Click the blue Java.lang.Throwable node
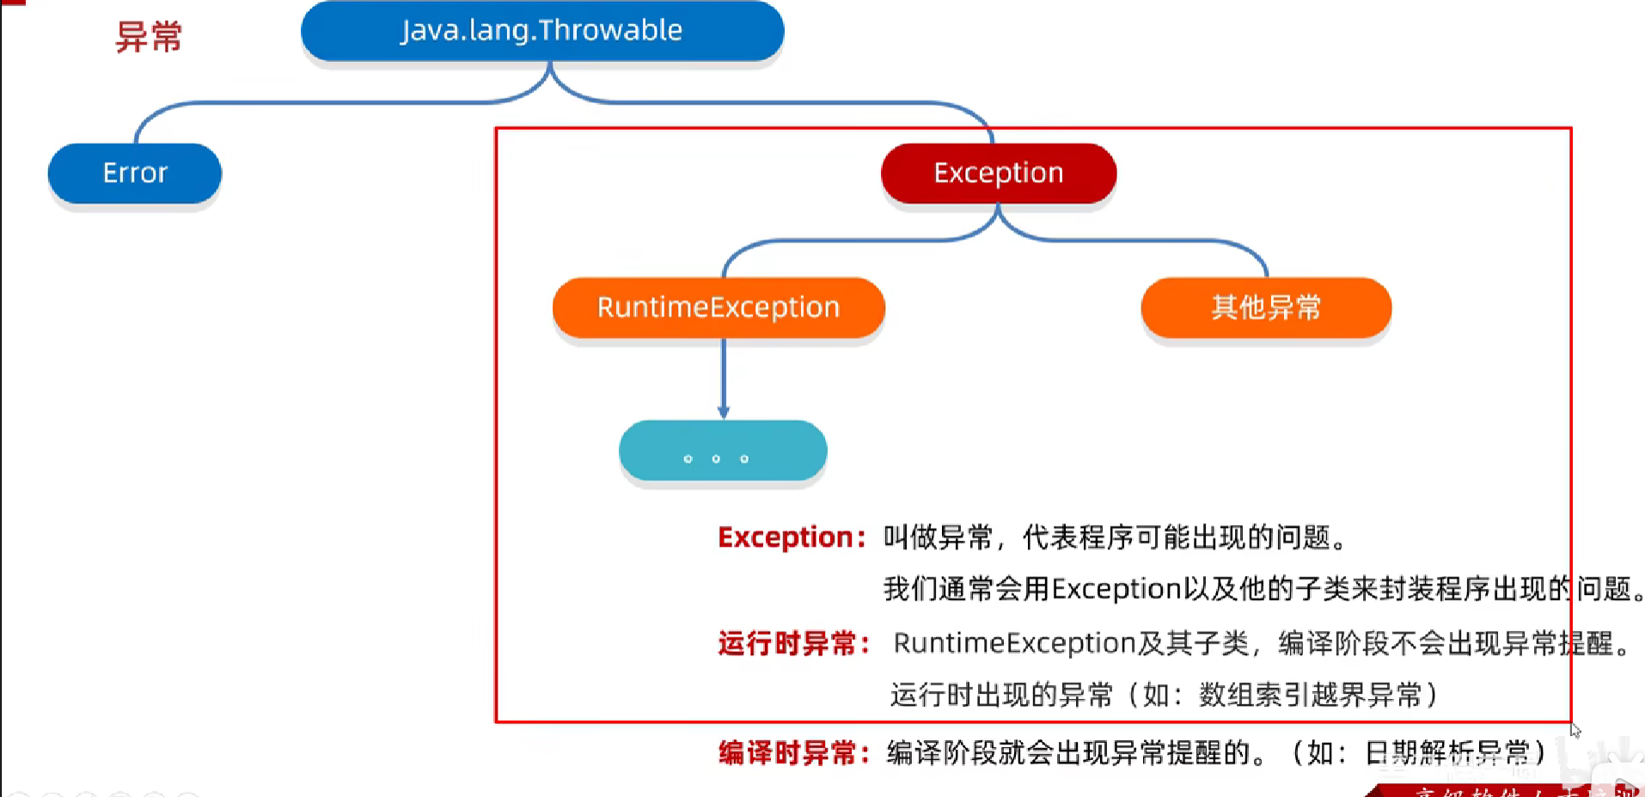[541, 31]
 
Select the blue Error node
[135, 173]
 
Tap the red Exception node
[999, 173]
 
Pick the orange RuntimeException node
[719, 307]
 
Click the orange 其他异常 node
[1266, 307]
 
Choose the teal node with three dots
[723, 451]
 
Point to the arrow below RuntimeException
[724, 378]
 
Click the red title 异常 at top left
[149, 37]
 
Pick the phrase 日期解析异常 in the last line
[1447, 753]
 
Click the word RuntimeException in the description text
[1015, 643]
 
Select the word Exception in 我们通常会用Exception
[1116, 589]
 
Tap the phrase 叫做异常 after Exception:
[938, 537]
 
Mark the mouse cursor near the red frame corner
[1575, 731]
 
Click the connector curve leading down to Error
[258, 104]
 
